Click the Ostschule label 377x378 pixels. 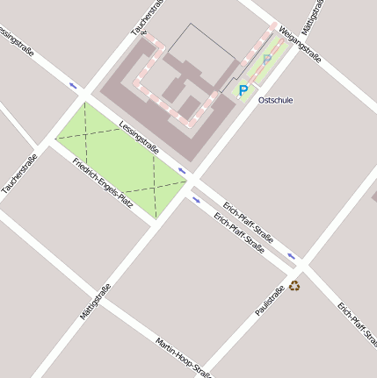coord(275,100)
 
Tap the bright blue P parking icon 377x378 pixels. coord(243,89)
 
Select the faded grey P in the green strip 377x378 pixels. coord(266,60)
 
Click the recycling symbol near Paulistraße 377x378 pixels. coord(294,285)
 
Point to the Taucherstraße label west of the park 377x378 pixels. coord(19,175)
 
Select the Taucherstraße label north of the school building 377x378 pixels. coord(149,18)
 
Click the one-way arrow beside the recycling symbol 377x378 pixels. coord(291,258)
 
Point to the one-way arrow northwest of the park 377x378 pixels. coord(74,86)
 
